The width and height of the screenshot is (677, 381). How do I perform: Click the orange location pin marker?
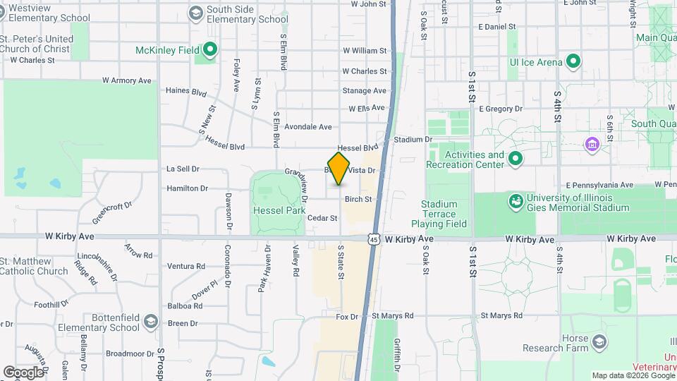point(339,169)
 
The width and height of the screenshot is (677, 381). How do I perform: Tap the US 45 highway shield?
point(374,240)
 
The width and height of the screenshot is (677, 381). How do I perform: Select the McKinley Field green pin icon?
point(209,50)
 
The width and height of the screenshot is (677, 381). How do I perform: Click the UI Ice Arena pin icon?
point(573,61)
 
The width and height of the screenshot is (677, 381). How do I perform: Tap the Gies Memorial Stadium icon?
point(516,202)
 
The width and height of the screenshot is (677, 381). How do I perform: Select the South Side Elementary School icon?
point(195,13)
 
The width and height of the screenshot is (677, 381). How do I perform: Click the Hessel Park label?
point(279,210)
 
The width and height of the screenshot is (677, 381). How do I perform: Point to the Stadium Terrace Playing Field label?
point(444,214)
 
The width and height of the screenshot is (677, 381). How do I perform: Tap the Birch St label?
point(358,200)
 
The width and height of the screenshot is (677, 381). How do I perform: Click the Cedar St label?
point(322,218)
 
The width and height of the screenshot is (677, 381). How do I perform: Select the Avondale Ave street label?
point(308,127)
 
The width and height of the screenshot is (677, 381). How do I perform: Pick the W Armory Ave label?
point(127,80)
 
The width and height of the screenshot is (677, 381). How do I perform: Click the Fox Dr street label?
point(347,317)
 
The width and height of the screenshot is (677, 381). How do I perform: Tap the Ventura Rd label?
point(186,266)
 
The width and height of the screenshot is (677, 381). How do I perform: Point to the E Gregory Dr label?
point(501,109)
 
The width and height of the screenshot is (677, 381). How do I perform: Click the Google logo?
point(23,372)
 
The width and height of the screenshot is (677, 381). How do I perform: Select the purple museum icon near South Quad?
point(592,145)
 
